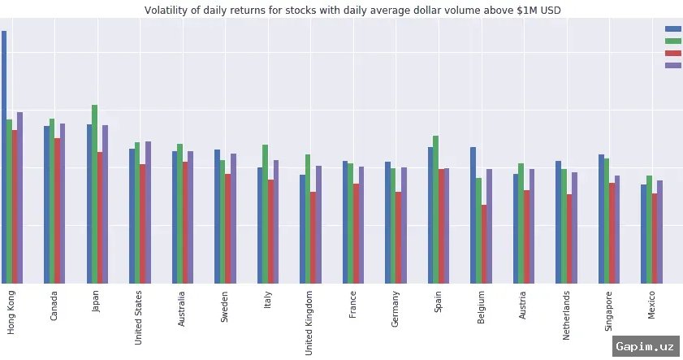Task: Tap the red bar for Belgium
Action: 484,243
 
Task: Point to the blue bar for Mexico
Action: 644,233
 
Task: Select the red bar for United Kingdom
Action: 313,236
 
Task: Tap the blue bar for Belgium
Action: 473,215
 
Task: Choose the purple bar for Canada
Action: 62,202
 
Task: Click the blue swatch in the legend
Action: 673,28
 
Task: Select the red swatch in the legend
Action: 673,53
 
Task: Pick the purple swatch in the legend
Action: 673,65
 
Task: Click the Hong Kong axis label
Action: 11,310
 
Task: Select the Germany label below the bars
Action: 396,308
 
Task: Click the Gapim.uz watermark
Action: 646,346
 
